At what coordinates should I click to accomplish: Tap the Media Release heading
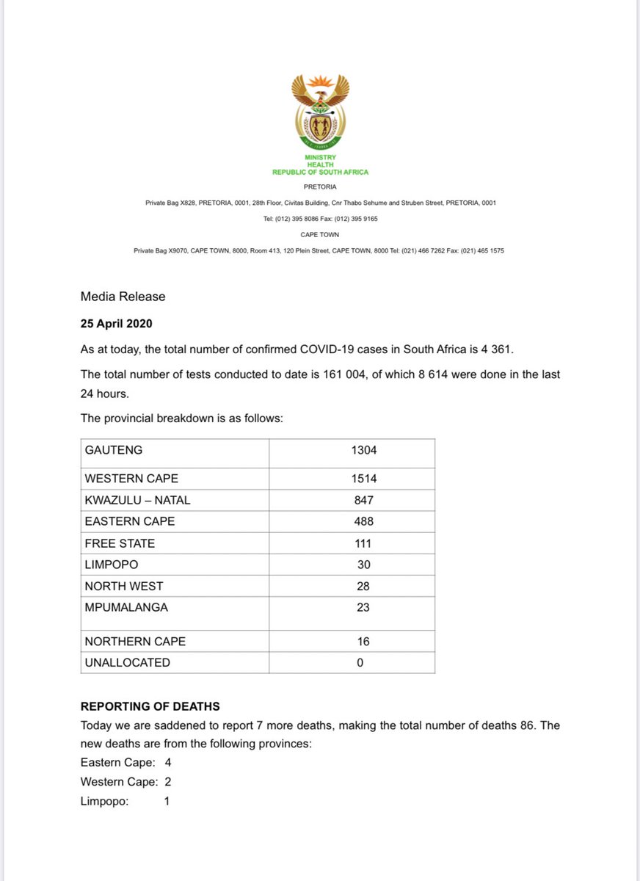tap(123, 297)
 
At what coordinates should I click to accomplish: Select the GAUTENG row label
tap(114, 450)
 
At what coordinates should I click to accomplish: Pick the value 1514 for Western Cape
tap(364, 479)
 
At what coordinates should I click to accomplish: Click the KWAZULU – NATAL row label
tap(138, 500)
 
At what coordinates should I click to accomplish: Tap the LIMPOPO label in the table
tap(111, 565)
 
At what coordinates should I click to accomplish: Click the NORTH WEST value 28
tap(363, 586)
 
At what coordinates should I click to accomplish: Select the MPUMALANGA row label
tap(126, 607)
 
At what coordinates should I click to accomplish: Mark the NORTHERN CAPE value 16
tap(363, 641)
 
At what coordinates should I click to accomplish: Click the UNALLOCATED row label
tap(127, 662)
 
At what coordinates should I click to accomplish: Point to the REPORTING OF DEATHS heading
tap(150, 706)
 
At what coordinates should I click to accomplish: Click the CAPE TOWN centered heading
tap(319, 235)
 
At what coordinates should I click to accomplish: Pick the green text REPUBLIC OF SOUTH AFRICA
tap(320, 172)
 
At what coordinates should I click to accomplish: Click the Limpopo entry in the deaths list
tap(104, 801)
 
